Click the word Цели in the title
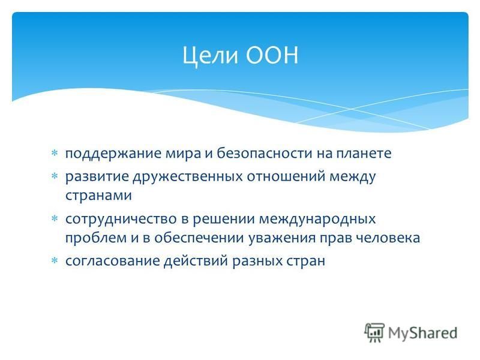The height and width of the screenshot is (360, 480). (x=210, y=56)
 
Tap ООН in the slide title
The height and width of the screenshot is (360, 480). (x=272, y=55)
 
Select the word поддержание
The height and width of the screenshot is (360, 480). (x=113, y=154)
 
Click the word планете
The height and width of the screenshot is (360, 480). (x=364, y=154)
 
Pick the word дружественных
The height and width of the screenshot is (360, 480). (x=188, y=177)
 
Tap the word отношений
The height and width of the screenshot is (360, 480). (x=286, y=176)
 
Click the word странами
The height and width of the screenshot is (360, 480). (x=98, y=196)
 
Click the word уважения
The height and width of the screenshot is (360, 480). (x=281, y=238)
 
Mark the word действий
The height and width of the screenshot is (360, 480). (x=196, y=261)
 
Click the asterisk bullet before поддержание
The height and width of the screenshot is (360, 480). (x=55, y=153)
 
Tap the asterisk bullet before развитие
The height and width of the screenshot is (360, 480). (x=55, y=176)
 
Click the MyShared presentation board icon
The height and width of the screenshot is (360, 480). (x=374, y=332)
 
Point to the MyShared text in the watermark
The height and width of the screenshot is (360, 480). (x=423, y=333)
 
